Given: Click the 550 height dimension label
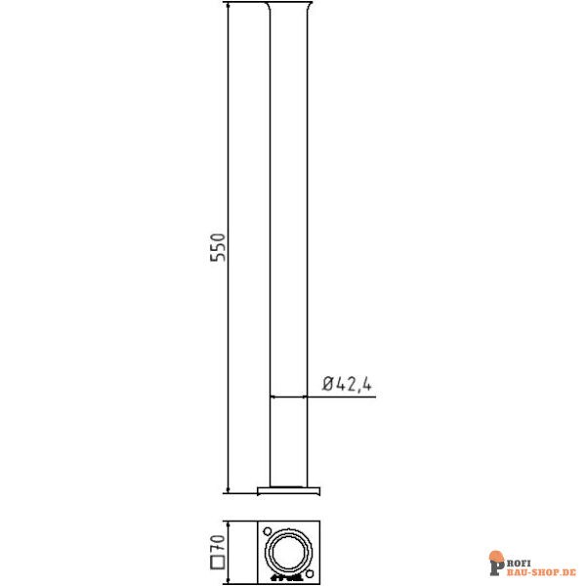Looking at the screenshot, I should (x=220, y=249).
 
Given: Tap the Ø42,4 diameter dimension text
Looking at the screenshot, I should (x=346, y=384).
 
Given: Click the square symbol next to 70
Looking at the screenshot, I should (x=219, y=563).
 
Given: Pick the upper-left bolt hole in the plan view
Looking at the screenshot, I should (x=268, y=530).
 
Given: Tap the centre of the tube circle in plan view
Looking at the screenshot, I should (x=290, y=553).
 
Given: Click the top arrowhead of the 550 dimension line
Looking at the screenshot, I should (x=228, y=8).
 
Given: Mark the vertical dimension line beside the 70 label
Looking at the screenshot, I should (x=228, y=552).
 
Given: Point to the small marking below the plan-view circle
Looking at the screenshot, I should (x=290, y=577).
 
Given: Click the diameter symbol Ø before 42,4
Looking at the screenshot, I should (x=328, y=384).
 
